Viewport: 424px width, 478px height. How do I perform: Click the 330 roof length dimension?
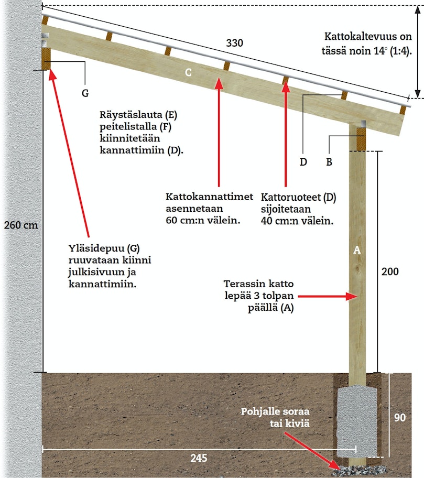[234, 43]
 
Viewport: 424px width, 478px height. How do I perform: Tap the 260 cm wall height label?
[21, 225]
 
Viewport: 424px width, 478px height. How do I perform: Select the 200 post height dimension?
[390, 271]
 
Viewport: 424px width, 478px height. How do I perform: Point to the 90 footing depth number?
[399, 417]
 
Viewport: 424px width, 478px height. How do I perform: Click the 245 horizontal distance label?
[199, 458]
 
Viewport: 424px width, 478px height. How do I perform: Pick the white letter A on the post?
[356, 251]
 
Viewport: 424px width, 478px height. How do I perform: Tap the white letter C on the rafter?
[188, 72]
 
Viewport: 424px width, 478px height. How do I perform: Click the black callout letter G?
[85, 93]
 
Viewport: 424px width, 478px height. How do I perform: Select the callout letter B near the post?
[329, 162]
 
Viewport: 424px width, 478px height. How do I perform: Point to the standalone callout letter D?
[303, 162]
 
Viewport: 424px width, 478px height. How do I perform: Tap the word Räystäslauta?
[131, 115]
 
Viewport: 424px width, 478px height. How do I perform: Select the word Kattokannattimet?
[210, 197]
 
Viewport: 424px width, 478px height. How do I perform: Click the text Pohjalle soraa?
[275, 411]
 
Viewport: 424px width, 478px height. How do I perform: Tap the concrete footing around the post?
[357, 421]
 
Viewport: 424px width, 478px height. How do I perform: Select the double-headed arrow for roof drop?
[418, 52]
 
